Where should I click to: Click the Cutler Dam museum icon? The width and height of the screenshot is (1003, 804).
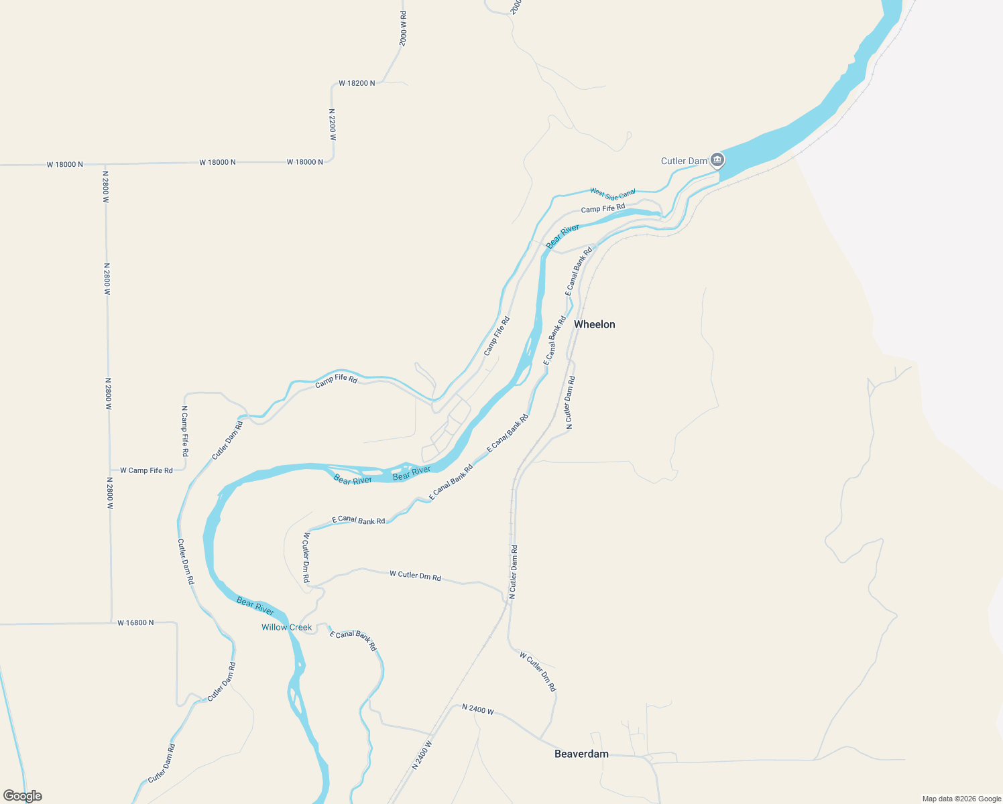coord(717,159)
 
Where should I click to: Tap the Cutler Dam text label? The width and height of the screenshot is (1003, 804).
coord(684,161)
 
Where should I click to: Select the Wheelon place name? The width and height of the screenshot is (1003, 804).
coord(594,324)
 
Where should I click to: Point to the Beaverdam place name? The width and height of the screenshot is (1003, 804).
coord(581,754)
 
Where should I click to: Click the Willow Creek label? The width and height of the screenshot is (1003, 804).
coord(286,627)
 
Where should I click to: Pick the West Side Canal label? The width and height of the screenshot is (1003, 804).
coord(613,194)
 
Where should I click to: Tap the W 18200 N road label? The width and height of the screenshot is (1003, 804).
coord(357,83)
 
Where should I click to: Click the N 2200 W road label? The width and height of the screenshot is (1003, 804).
coord(332,125)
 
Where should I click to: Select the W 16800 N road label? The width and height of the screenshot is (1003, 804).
coord(135,623)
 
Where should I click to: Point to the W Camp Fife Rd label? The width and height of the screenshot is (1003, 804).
coord(146,470)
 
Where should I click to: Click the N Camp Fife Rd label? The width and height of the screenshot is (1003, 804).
coord(185,431)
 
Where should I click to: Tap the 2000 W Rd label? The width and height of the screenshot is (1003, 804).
coord(403,28)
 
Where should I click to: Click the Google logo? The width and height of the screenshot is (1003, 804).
coord(22,796)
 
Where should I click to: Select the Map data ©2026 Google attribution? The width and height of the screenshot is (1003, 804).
coord(961,799)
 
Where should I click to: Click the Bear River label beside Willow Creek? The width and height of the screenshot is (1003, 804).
coord(255,606)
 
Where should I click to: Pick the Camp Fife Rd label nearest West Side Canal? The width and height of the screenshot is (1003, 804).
coord(603,209)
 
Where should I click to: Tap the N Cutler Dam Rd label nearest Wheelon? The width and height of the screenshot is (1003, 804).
coord(570,402)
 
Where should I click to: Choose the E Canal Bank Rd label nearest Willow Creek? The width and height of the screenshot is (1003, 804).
coord(353,641)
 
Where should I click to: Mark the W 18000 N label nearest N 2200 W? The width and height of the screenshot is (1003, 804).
coord(305,162)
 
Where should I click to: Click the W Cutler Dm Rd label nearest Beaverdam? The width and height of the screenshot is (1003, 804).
coord(538,672)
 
